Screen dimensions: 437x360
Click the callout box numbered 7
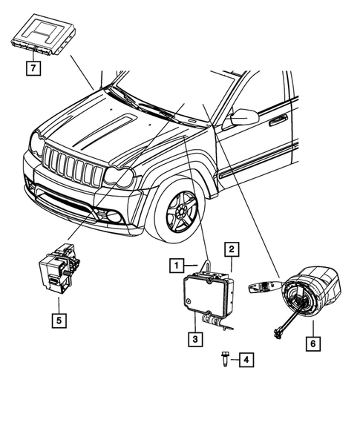pyautogui.click(x=32, y=69)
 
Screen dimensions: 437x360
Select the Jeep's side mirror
pyautogui.click(x=244, y=117)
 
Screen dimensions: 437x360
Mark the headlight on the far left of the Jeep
pyautogui.click(x=35, y=142)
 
